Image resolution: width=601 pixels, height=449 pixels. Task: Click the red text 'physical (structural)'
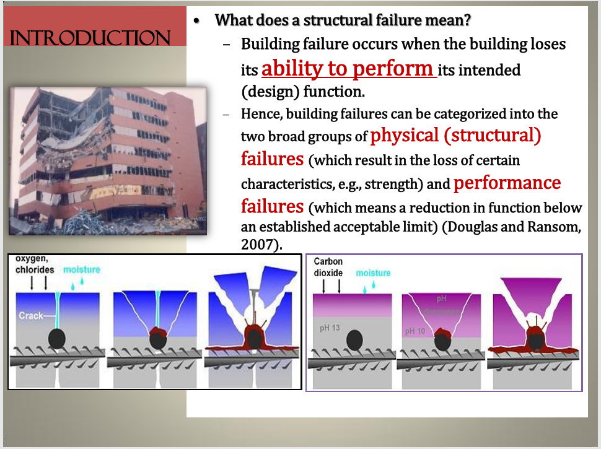(x=455, y=135)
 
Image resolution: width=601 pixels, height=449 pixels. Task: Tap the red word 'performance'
(x=507, y=183)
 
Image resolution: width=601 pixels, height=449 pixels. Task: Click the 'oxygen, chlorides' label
(x=35, y=265)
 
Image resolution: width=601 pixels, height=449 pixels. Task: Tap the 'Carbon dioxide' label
(x=328, y=267)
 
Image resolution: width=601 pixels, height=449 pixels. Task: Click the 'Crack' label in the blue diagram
(x=31, y=316)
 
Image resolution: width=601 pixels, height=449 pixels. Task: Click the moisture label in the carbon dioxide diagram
(x=373, y=273)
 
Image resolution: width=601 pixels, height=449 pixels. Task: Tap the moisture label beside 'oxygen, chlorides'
(x=81, y=270)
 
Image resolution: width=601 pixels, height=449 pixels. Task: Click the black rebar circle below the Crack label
(x=57, y=338)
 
